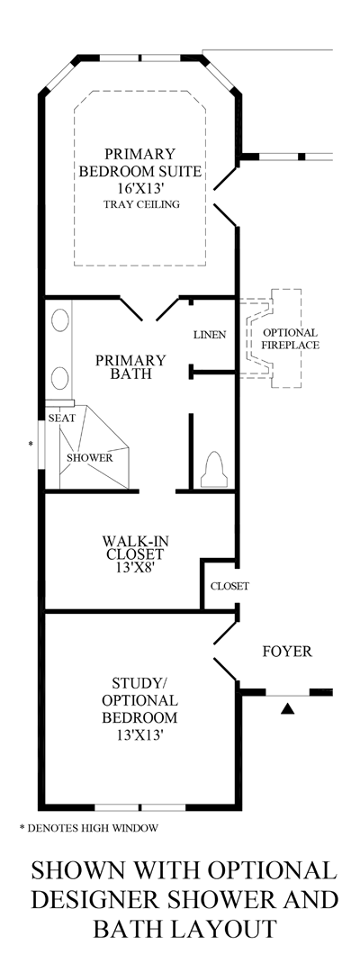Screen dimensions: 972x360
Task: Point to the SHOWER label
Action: (89, 457)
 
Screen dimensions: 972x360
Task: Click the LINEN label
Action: (209, 334)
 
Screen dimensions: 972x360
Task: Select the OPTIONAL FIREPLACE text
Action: (290, 338)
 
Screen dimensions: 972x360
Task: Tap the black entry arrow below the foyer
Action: (287, 710)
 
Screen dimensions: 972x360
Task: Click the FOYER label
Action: (287, 651)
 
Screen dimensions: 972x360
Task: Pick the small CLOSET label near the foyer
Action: (229, 586)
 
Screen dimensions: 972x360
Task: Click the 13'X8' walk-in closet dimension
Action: (135, 570)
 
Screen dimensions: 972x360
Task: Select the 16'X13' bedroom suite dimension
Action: (139, 187)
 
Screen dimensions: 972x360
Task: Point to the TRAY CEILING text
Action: (139, 204)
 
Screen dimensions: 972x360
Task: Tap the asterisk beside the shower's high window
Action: (31, 445)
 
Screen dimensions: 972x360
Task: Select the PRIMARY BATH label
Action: (130, 368)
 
